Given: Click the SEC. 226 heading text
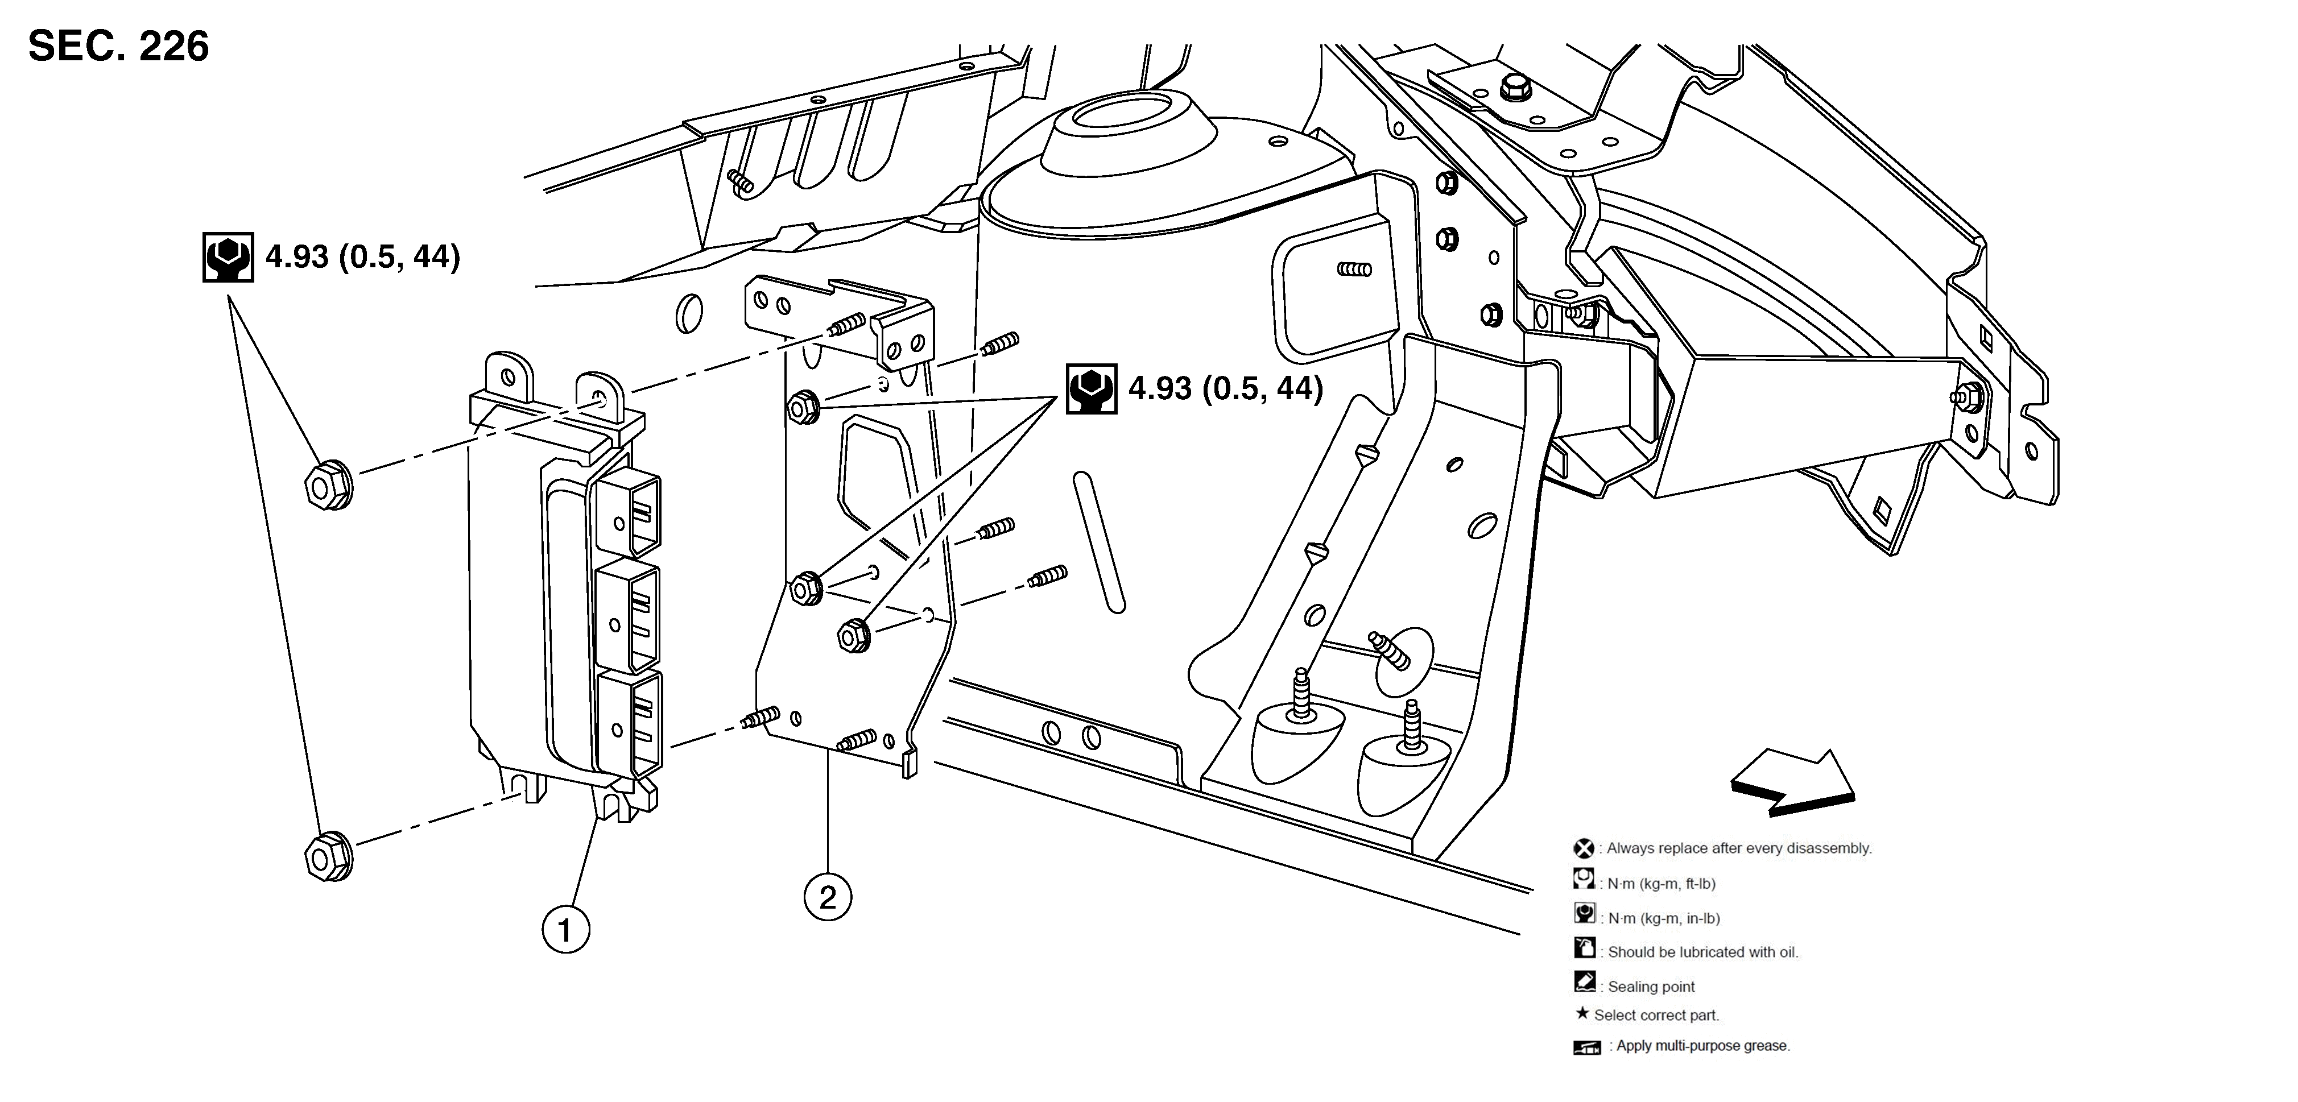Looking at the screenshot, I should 119,47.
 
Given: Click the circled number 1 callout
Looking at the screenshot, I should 565,930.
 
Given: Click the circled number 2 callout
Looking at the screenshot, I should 828,896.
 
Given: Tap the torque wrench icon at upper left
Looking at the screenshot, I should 228,258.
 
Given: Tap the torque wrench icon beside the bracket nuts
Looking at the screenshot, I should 1091,389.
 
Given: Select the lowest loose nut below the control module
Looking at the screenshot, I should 328,857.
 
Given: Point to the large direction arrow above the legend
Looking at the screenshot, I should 1793,783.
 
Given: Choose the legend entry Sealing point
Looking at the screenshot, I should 1650,986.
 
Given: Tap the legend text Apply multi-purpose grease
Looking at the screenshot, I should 1702,1046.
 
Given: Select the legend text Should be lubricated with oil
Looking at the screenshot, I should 1702,951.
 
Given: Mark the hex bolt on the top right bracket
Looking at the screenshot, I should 1514,88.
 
